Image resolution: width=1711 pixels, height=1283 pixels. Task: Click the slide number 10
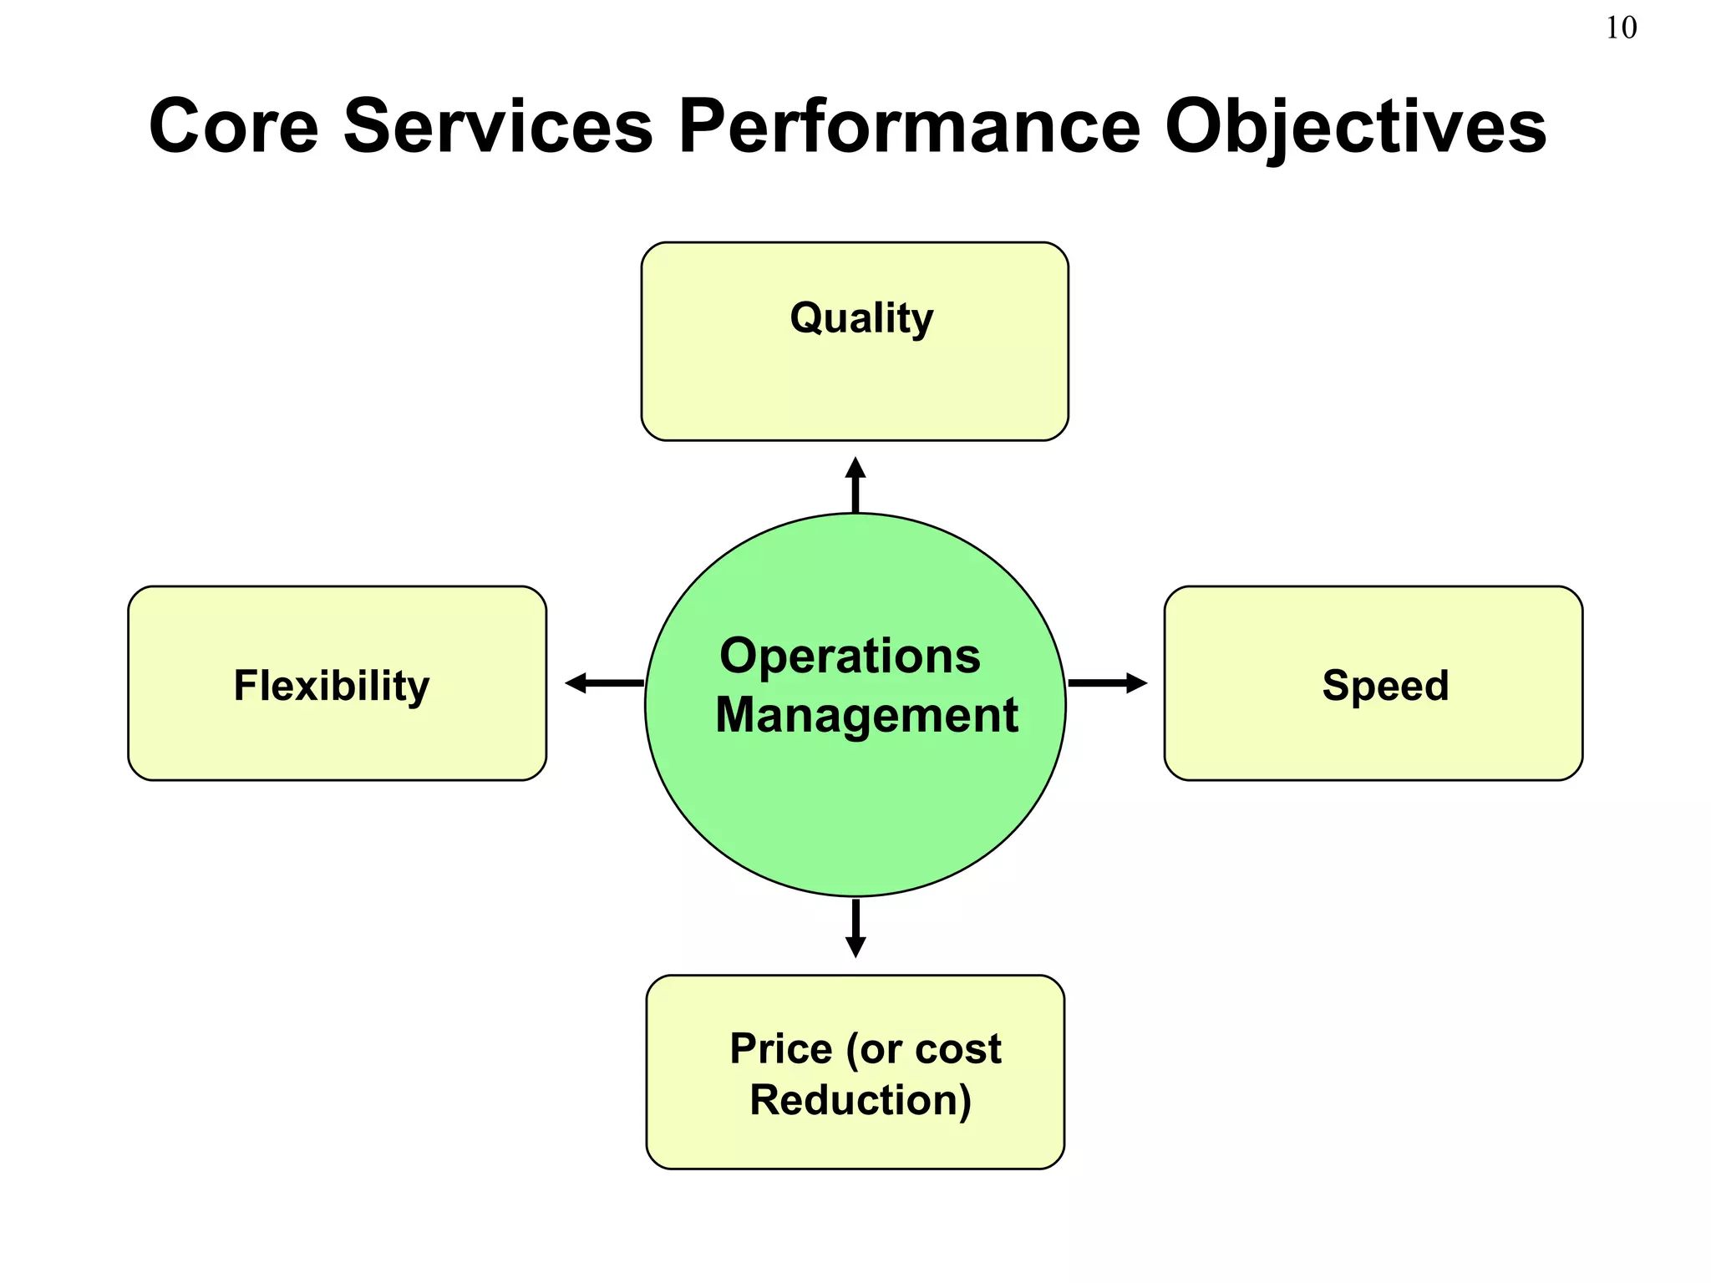click(x=1621, y=28)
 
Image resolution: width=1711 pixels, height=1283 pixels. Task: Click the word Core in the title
click(x=234, y=126)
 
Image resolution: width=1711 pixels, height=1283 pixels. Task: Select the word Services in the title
click(x=498, y=126)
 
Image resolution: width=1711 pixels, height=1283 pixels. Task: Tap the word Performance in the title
click(x=909, y=126)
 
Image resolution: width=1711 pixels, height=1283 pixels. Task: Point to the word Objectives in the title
click(x=1355, y=128)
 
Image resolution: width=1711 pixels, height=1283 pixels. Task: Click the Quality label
click(x=861, y=318)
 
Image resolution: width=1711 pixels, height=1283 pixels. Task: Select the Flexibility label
click(x=332, y=686)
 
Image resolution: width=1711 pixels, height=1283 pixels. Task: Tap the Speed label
click(x=1385, y=686)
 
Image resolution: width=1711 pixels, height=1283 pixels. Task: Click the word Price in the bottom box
click(x=780, y=1049)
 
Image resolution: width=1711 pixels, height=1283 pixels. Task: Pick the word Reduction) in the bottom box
click(x=861, y=1100)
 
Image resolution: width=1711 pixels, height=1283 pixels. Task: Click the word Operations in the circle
click(x=850, y=657)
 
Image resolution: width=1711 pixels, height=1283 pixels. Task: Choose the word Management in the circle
click(x=866, y=716)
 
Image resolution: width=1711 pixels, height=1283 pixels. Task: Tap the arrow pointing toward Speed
click(x=1106, y=683)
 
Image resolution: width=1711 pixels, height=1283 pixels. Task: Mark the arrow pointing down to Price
click(x=855, y=927)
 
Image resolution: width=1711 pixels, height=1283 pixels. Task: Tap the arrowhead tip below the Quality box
click(x=855, y=461)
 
